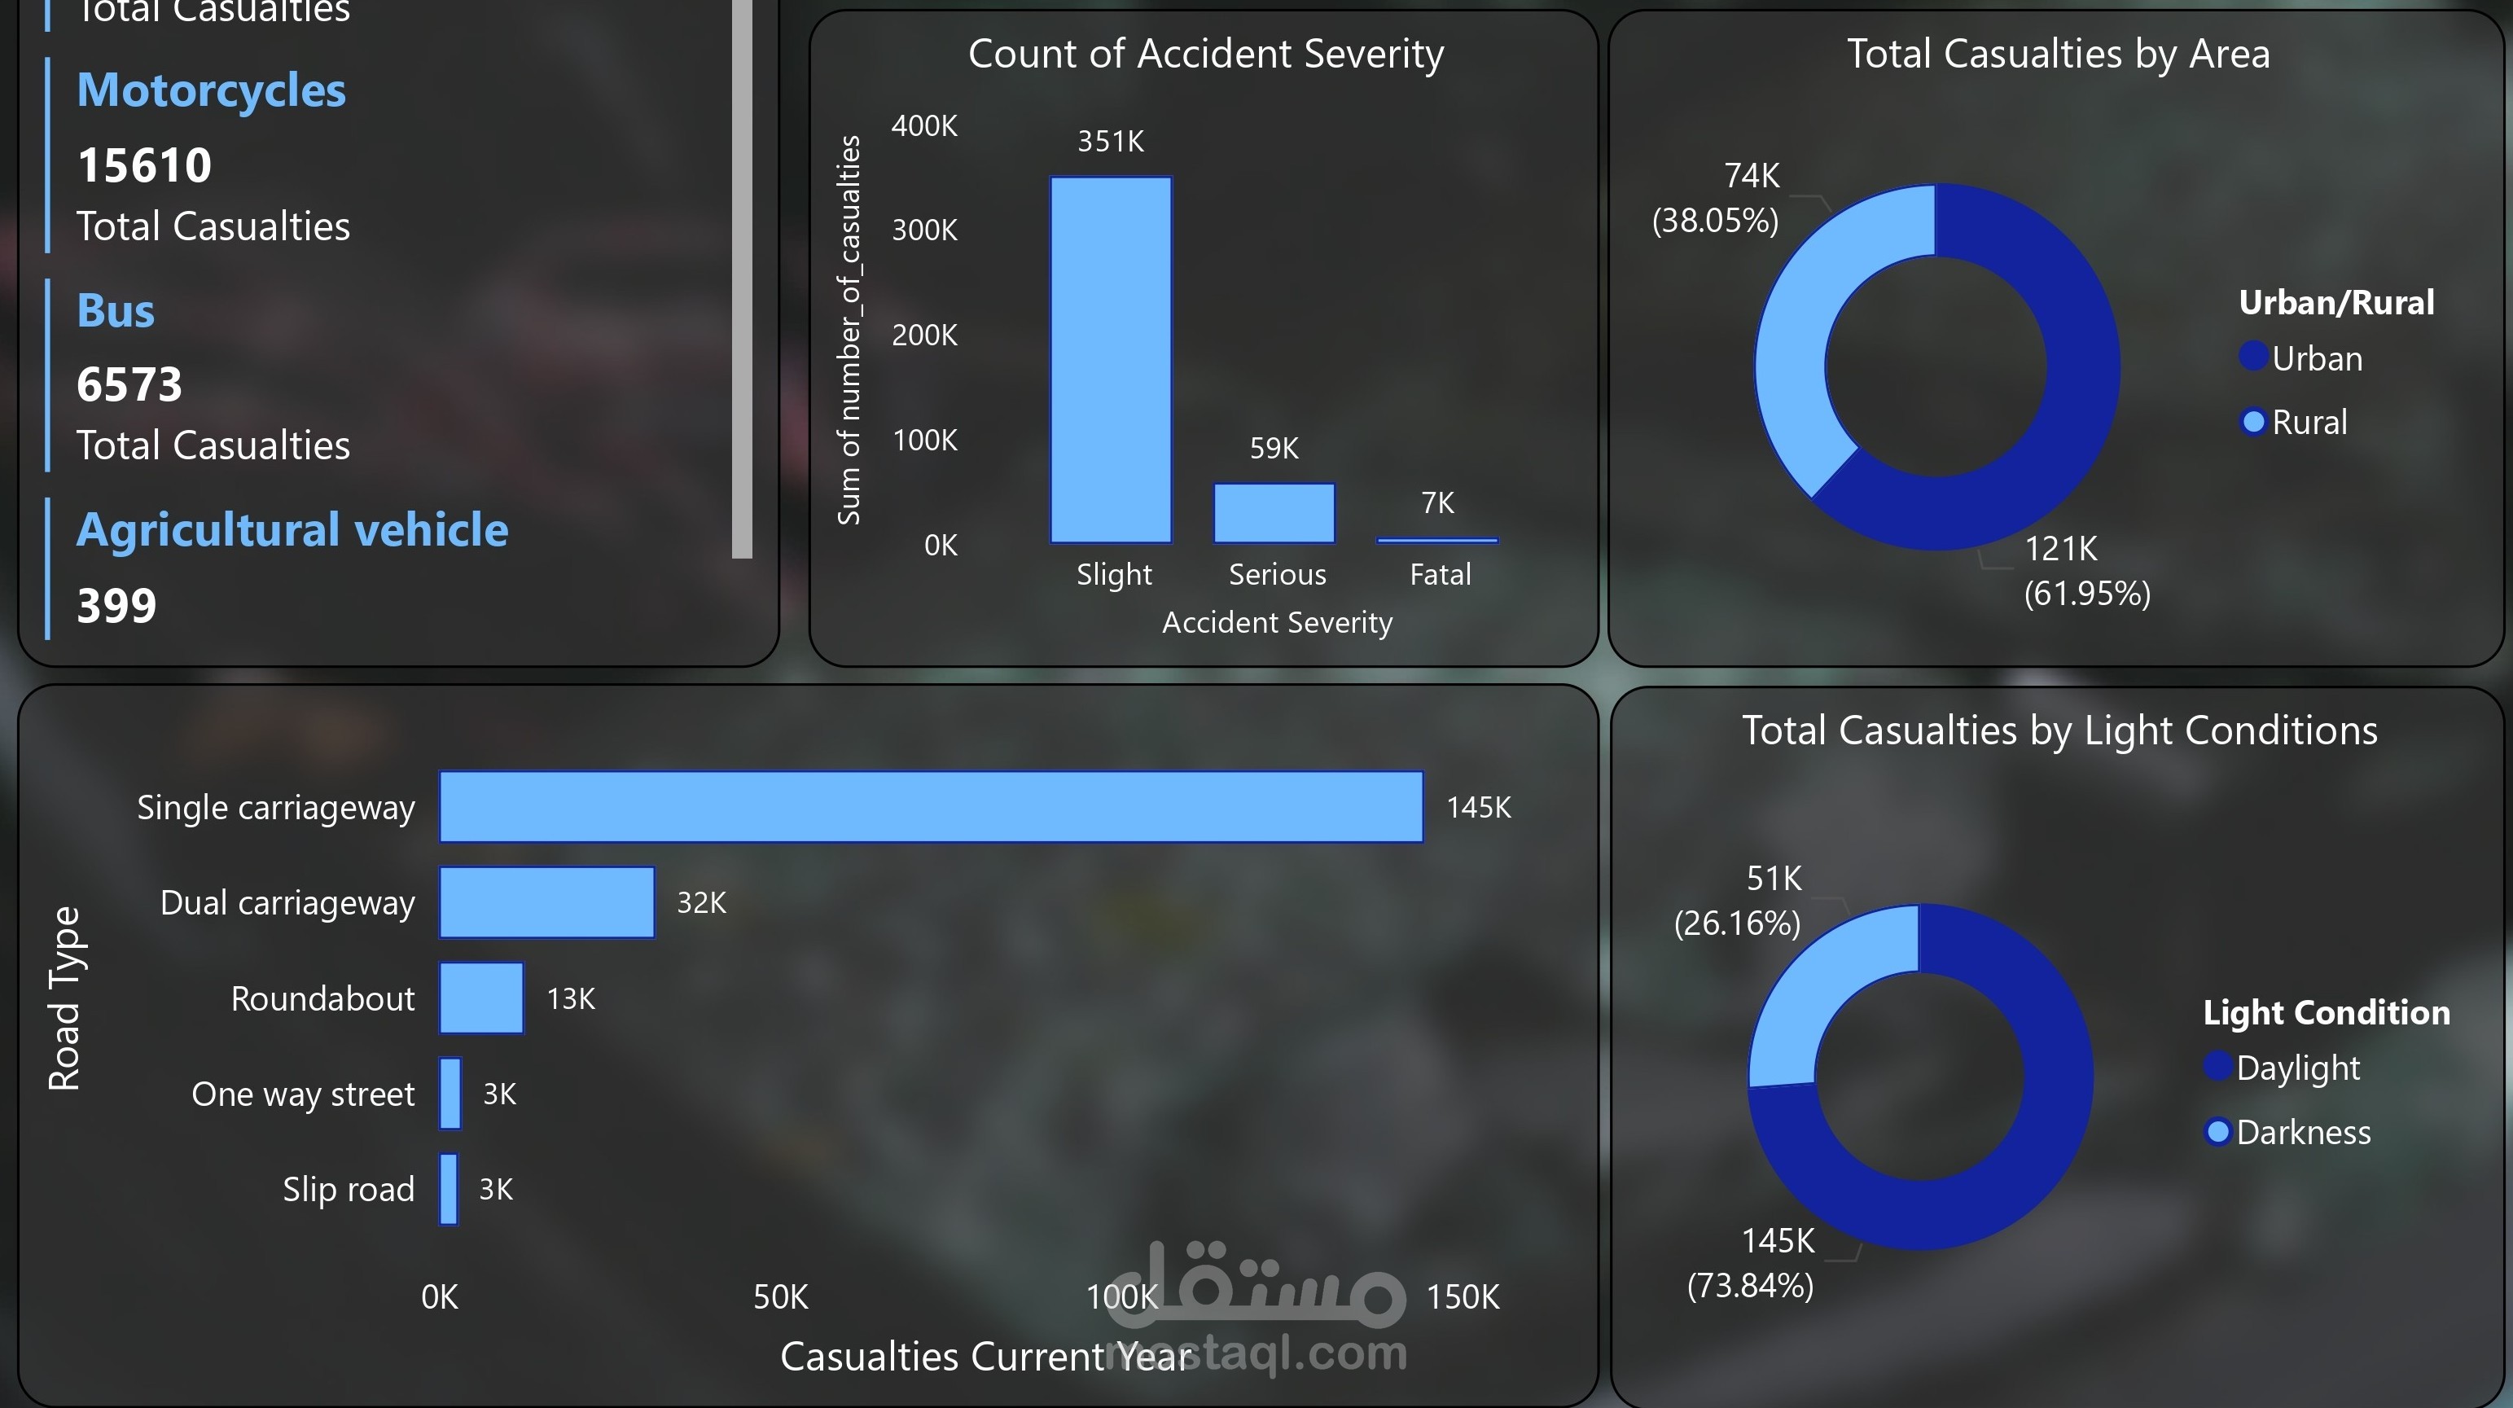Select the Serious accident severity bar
pyautogui.click(x=1274, y=513)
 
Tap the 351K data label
pyautogui.click(x=1110, y=142)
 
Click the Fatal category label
pyautogui.click(x=1440, y=575)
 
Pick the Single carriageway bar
pyautogui.click(x=931, y=807)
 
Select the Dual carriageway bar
pyautogui.click(x=546, y=902)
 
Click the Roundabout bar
pyautogui.click(x=481, y=998)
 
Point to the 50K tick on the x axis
pyautogui.click(x=780, y=1296)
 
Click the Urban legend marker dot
pyautogui.click(x=2252, y=357)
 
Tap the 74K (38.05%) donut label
pyautogui.click(x=1717, y=198)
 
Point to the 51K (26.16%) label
pyautogui.click(x=1739, y=900)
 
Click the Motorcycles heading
pyautogui.click(x=211, y=90)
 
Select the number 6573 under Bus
pyautogui.click(x=129, y=384)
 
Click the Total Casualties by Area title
pyautogui.click(x=2058, y=54)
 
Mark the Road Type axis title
pyautogui.click(x=64, y=998)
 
